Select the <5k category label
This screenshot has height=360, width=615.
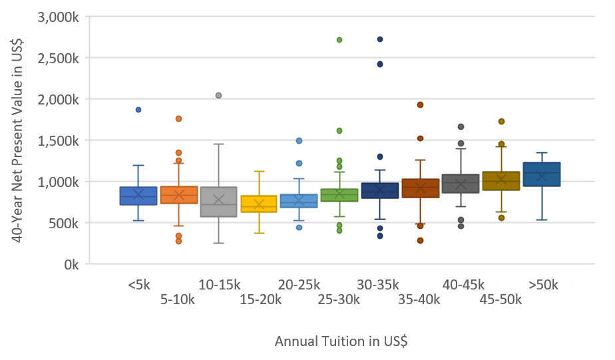coord(139,285)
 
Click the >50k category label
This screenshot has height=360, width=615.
coord(542,285)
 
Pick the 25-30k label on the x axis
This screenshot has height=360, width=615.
coord(339,299)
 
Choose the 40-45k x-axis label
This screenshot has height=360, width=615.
coord(461,285)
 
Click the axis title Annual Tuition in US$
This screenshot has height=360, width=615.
coord(341,341)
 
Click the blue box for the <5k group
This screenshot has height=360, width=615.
coord(138,196)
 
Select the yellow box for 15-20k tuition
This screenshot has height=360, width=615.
coord(259,204)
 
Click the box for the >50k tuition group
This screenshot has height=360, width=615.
coord(542,174)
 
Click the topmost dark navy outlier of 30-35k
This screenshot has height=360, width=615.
coord(380,39)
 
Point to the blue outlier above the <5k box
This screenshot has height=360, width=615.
coord(138,110)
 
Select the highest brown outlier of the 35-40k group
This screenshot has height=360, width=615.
coord(421,104)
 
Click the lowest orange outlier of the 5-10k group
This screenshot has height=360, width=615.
coord(178,242)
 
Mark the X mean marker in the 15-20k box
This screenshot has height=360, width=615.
coord(259,204)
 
